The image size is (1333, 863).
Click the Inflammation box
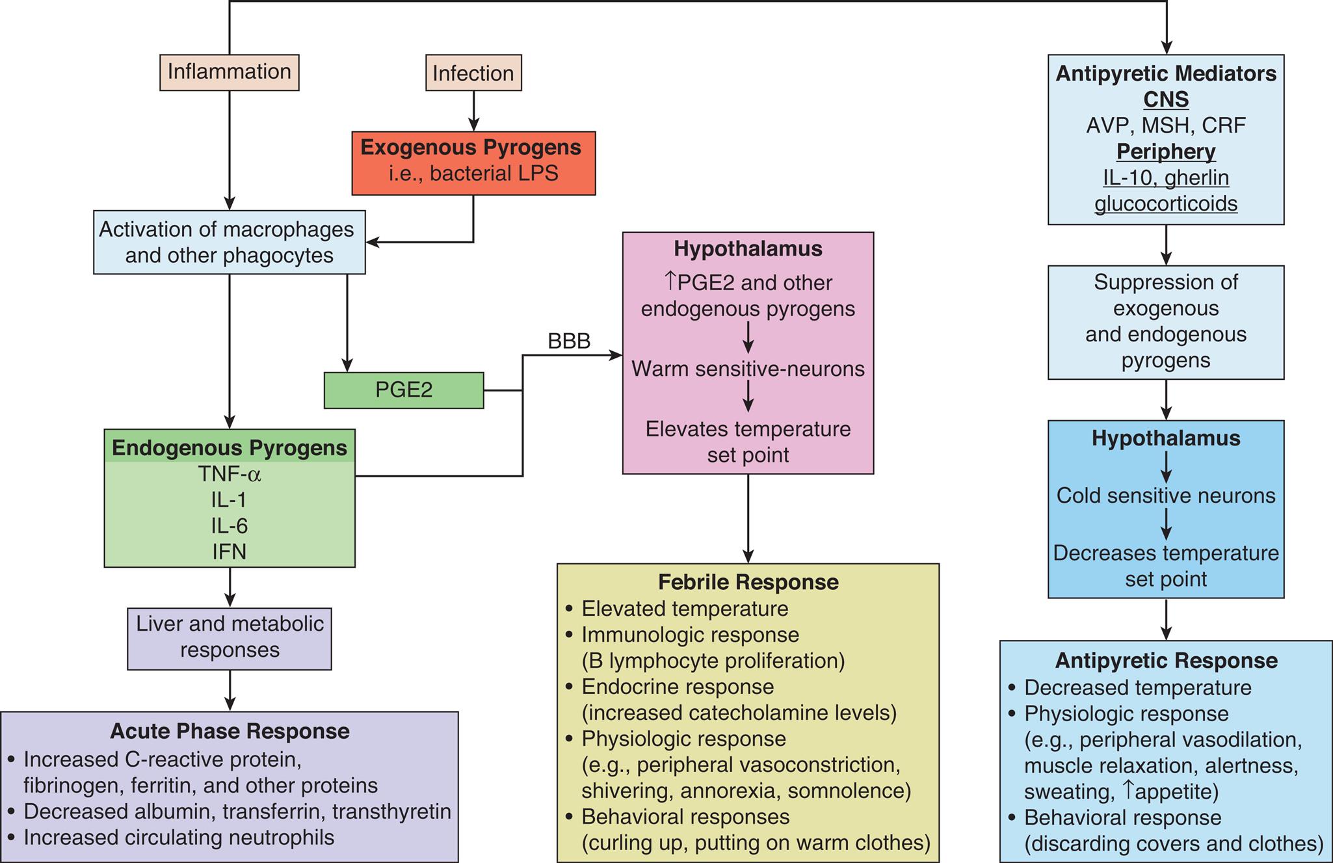[229, 72]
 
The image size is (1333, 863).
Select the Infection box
[473, 73]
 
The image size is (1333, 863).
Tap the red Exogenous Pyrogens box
[473, 163]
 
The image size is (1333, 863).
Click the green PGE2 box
[403, 390]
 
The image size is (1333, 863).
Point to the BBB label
[569, 341]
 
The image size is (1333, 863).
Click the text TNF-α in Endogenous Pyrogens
[229, 474]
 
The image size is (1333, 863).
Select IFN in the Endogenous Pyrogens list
[229, 551]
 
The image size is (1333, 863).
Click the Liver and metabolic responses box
[229, 637]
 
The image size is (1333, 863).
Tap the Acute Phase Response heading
[229, 731]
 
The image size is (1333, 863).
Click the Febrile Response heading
[748, 582]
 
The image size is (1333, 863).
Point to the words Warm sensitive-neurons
[748, 369]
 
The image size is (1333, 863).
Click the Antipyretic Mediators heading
[1165, 73]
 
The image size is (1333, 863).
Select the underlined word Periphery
[1165, 152]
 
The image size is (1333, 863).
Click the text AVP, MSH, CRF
[1165, 125]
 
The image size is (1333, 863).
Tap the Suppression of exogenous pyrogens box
[1165, 321]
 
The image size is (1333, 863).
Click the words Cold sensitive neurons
[1165, 496]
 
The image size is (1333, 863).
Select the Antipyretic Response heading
[1165, 661]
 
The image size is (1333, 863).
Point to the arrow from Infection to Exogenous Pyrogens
[473, 111]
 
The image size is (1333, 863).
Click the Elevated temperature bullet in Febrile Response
[684, 609]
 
